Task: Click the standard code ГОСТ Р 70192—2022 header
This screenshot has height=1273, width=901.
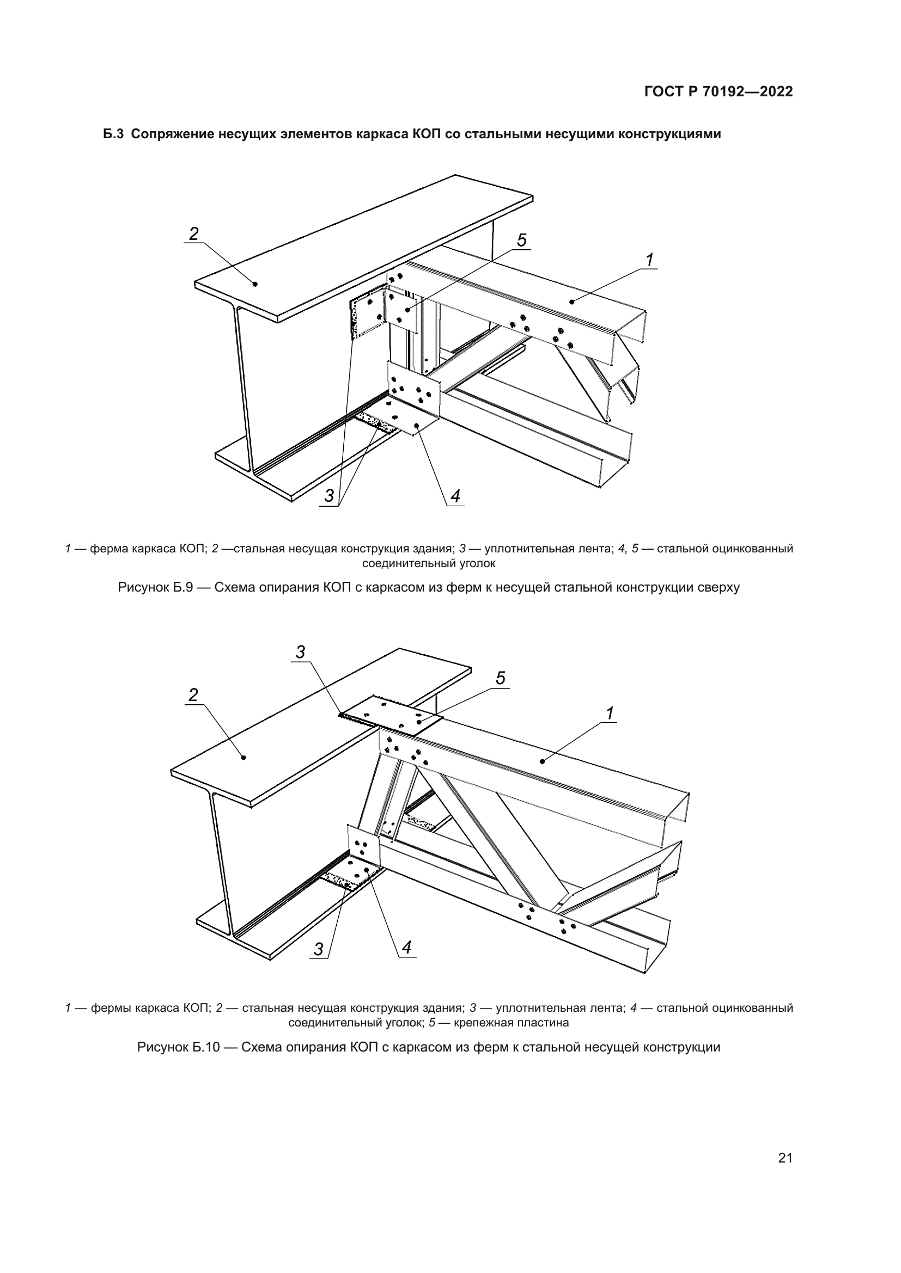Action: [719, 92]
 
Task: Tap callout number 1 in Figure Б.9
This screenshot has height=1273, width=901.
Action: [649, 259]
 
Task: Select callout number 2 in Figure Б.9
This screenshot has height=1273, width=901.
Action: [193, 234]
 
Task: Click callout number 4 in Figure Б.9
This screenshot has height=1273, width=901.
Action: [455, 496]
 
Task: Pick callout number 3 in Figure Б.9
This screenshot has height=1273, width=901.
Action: [329, 496]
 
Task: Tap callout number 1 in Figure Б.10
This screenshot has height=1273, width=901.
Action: [610, 714]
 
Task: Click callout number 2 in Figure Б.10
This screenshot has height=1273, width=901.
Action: [193, 694]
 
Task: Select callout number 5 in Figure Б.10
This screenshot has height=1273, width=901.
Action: [501, 678]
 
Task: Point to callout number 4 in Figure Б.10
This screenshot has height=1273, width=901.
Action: [407, 948]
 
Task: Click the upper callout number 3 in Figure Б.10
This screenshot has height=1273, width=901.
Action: [300, 653]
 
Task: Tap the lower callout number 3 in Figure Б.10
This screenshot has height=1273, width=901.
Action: [319, 949]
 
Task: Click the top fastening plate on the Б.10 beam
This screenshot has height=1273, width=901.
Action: [391, 715]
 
